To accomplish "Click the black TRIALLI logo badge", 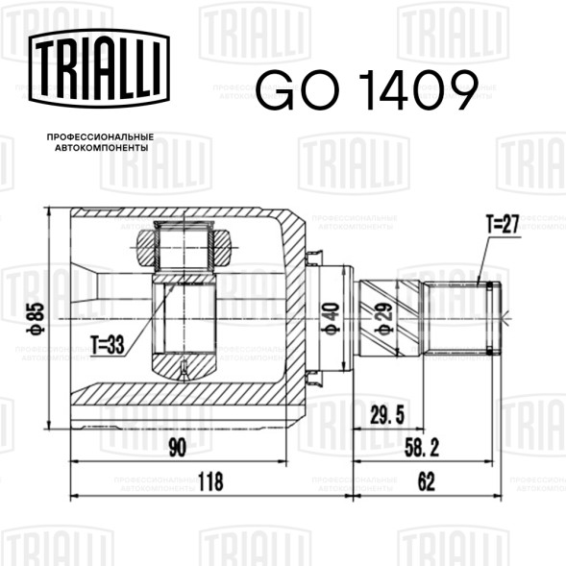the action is (x=99, y=68).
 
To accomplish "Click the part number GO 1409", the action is (x=367, y=90).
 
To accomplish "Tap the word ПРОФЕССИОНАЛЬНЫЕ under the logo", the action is (x=100, y=137).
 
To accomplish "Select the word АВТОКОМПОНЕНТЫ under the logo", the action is (x=102, y=148).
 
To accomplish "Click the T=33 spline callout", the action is (x=108, y=344).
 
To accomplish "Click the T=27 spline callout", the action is (x=503, y=224).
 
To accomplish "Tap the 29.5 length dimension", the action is (x=387, y=415).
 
